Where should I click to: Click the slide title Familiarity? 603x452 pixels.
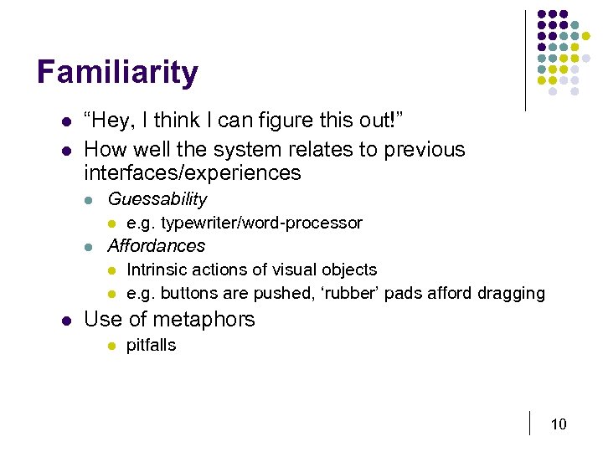coord(117,73)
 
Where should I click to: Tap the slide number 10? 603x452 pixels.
coord(559,424)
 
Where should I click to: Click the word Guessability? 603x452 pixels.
coord(157,199)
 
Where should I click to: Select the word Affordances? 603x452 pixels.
coord(156,246)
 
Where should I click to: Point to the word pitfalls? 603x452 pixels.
coord(151,345)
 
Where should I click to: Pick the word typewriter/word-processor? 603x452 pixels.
coord(261,223)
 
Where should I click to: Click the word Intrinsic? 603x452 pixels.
coord(156,270)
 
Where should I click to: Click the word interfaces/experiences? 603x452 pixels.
coord(192,173)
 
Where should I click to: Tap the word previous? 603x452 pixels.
coord(423,150)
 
